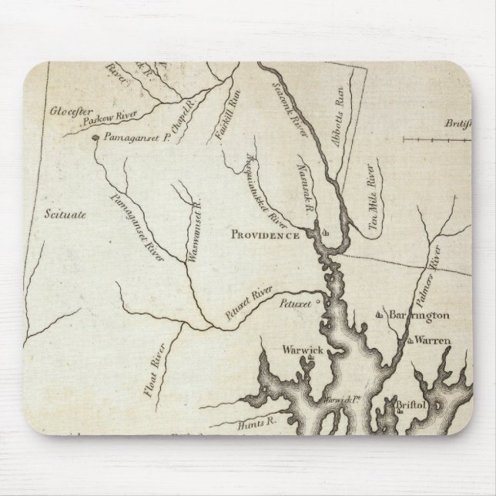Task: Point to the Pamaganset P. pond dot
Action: point(96,139)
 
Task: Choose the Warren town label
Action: point(432,340)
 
